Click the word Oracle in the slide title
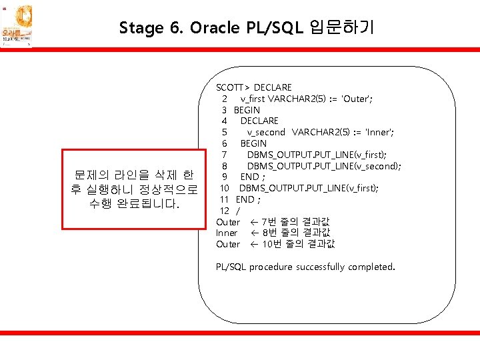pos(213,28)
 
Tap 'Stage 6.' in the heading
pos(151,28)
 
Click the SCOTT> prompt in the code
pos(233,87)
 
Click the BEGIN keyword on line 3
pos(247,110)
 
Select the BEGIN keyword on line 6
pos(253,143)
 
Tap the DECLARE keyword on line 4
pos(259,121)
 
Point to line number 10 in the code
pos(225,188)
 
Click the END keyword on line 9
pos(249,177)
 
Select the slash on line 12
pos(237,211)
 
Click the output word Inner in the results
pos(227,233)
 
